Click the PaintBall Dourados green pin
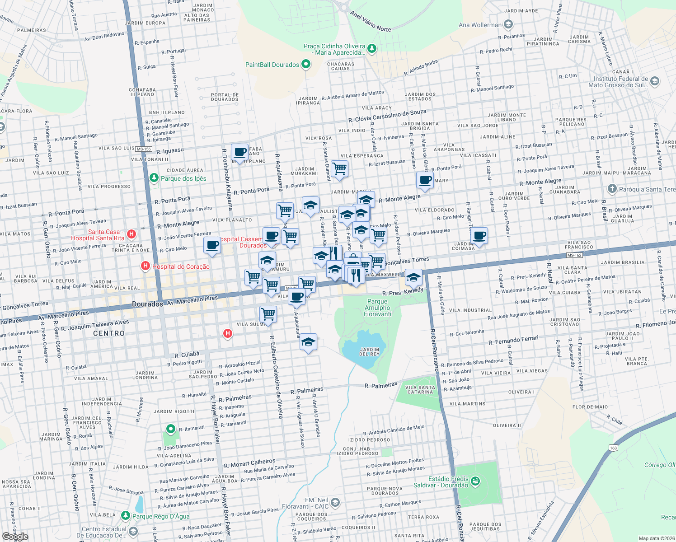click(306, 64)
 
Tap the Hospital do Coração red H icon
click(146, 266)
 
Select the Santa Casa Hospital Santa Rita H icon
click(131, 234)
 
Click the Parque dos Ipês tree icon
click(154, 178)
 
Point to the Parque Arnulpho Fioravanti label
click(377, 308)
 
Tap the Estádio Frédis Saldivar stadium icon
click(475, 481)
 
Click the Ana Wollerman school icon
click(508, 24)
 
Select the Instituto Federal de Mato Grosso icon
click(655, 81)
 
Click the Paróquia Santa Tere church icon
click(612, 189)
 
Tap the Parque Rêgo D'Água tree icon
click(126, 515)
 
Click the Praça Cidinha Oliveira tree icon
click(371, 48)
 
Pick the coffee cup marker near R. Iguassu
click(239, 152)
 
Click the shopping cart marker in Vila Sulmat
click(268, 314)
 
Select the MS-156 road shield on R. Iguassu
click(144, 149)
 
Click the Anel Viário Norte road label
click(371, 21)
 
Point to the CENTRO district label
click(108, 333)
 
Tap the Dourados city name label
click(147, 304)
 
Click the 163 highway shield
click(613, 448)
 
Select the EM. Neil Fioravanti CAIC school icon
click(335, 502)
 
